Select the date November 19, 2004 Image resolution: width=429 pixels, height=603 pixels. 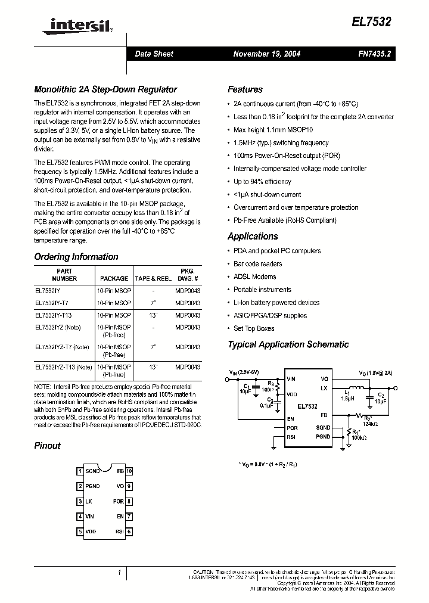pos(266,54)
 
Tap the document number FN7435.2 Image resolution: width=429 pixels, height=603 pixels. pos(375,54)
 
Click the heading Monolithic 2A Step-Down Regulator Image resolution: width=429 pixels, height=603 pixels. pos(105,89)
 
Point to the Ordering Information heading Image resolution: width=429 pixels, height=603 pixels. pos(76,257)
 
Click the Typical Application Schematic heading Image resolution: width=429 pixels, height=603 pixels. pos(288,344)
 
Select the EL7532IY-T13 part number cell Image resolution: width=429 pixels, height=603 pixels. pos(54,315)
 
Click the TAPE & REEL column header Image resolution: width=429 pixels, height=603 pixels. pos(153,278)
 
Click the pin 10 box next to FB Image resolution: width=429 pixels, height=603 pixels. pos(129,471)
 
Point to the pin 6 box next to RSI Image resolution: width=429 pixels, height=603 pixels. pos(129,531)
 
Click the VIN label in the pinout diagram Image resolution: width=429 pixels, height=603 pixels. pos(91,517)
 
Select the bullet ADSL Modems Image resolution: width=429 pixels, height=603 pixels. pos(254,276)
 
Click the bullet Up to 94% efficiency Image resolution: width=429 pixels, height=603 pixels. pos(262,181)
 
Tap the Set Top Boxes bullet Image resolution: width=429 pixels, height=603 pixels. pos(254,328)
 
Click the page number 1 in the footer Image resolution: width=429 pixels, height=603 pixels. pos(119,573)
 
